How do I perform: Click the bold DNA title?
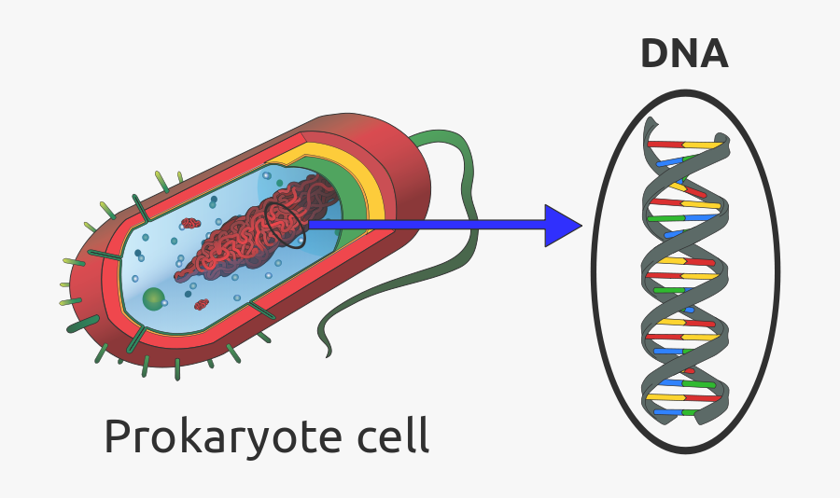[x=684, y=53]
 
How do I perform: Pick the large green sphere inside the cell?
[x=154, y=299]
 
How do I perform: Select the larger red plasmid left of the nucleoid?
[x=190, y=223]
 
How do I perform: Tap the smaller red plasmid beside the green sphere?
[x=201, y=304]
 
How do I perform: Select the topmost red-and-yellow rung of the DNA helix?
[x=686, y=145]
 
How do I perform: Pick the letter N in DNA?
[x=684, y=53]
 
